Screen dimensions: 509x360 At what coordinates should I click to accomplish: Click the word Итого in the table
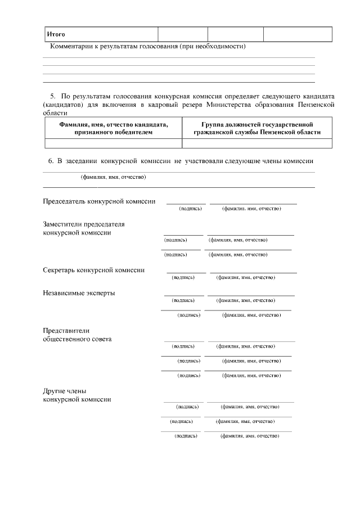coord(56,35)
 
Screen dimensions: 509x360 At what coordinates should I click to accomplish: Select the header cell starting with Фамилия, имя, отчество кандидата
coord(113,128)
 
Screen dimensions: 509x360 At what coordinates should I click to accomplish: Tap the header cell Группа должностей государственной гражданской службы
coord(256,128)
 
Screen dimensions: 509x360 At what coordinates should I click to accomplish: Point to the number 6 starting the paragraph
coord(51,161)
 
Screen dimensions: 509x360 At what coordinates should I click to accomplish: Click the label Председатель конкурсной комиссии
coord(99,201)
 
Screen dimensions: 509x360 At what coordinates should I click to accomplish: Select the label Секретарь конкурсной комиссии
coord(94,270)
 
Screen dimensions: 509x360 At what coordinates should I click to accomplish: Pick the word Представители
coord(67,331)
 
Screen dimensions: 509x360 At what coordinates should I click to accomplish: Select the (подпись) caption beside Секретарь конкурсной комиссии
coord(184,277)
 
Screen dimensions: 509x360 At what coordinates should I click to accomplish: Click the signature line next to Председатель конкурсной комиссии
coord(186,203)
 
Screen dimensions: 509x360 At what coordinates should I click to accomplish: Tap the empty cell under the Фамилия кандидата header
coord(113,143)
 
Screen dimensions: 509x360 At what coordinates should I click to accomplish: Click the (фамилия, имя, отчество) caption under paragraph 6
coord(114,178)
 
